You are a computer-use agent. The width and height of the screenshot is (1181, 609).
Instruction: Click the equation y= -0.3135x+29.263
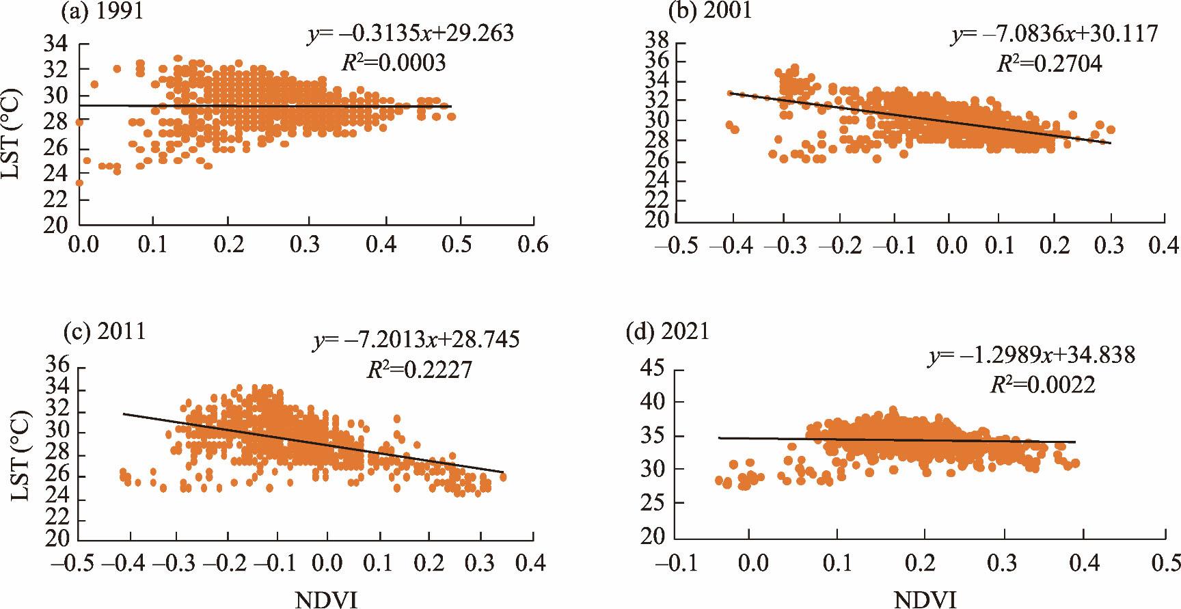408,34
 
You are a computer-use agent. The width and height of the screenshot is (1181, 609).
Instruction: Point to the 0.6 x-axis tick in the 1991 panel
533,245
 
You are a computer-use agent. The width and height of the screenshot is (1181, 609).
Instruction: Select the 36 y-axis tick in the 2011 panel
59,366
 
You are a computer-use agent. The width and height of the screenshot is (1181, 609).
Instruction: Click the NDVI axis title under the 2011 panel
325,600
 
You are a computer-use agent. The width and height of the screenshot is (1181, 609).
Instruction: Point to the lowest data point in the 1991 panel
80,182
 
